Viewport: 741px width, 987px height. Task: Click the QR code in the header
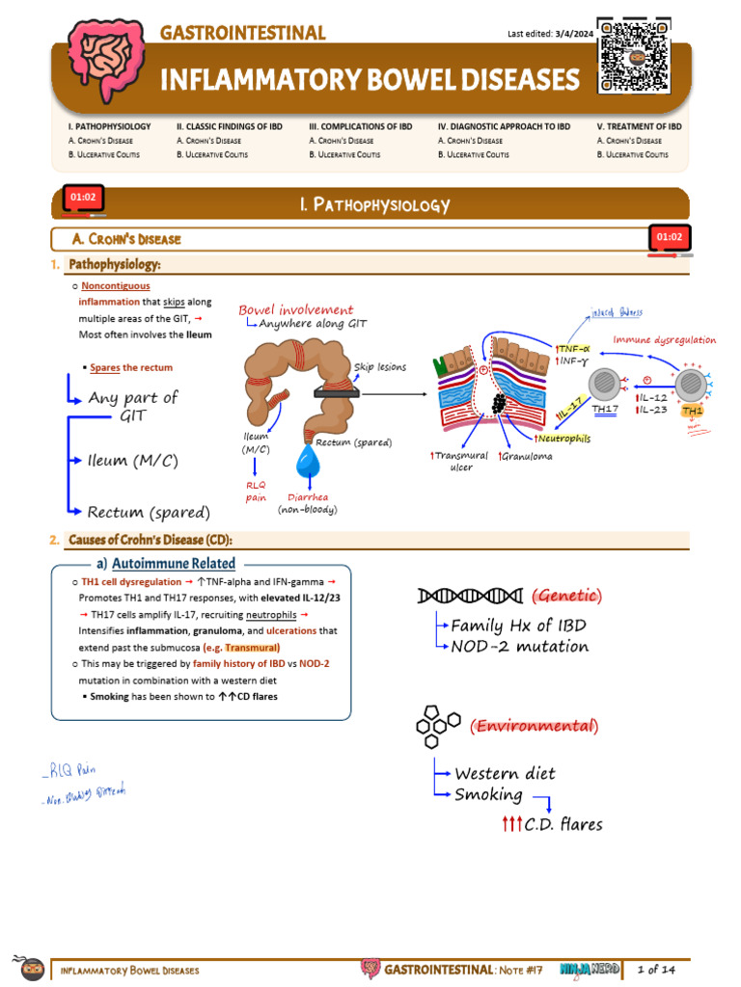(x=633, y=56)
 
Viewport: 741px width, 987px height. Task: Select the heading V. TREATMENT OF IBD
(x=639, y=126)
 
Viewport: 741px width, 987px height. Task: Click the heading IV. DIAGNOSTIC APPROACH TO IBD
(x=504, y=126)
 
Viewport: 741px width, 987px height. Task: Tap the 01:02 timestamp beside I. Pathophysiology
(x=81, y=199)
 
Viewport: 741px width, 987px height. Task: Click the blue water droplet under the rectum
(x=309, y=465)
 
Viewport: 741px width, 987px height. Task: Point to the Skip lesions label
(x=380, y=367)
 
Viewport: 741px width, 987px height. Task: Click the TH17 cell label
(x=605, y=409)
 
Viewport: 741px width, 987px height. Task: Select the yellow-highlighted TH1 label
(x=693, y=411)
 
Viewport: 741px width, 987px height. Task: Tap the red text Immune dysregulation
(x=665, y=339)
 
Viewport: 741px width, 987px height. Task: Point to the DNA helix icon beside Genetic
(x=470, y=596)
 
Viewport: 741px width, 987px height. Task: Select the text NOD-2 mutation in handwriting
(x=519, y=646)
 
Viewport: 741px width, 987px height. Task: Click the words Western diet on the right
(x=505, y=773)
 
